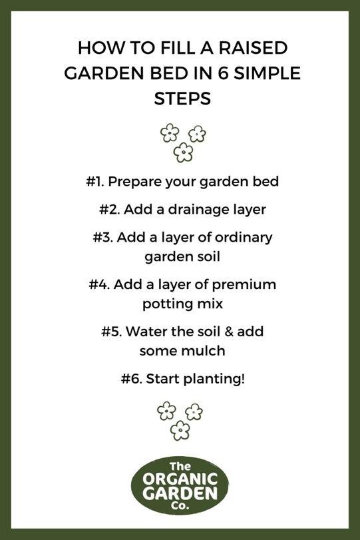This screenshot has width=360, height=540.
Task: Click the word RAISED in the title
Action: point(253,48)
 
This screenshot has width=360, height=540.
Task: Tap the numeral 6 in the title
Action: point(223,73)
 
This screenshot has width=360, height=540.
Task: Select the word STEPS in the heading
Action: point(182,99)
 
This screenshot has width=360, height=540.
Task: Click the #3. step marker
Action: point(103,237)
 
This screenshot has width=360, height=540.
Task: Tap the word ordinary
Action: point(244,238)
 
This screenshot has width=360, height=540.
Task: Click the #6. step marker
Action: point(132,379)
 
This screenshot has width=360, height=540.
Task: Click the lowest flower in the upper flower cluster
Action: point(183,152)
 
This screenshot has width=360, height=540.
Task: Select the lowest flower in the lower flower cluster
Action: point(180,430)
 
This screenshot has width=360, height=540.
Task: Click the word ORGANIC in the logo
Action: point(180,479)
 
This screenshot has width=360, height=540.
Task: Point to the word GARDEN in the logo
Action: point(180,493)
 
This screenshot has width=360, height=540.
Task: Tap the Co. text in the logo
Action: point(180,505)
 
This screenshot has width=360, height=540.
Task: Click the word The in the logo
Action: point(180,467)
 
